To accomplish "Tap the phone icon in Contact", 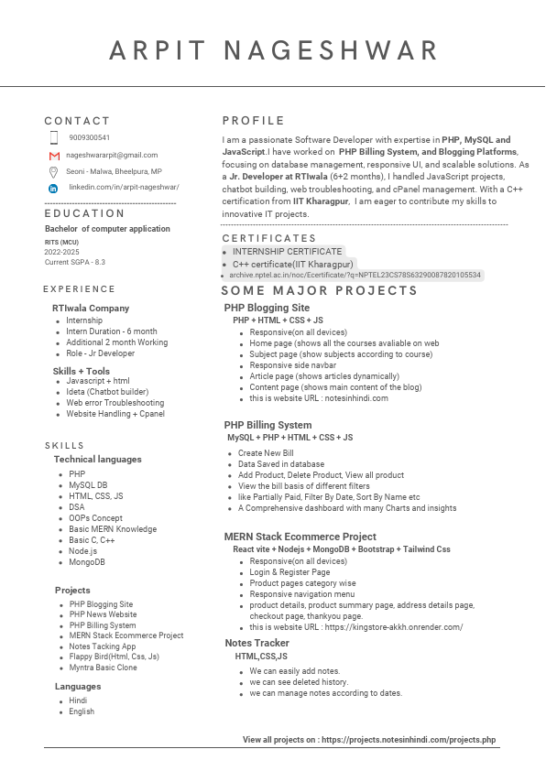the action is (54, 137).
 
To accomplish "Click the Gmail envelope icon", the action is (54, 156).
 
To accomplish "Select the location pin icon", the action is (54, 171).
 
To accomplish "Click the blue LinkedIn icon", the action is (53, 188).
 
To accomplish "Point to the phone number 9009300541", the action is (90, 137).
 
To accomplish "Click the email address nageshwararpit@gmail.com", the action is (112, 156).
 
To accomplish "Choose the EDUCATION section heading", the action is (84, 213).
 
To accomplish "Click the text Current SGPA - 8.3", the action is (75, 262).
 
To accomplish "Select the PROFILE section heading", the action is (254, 121).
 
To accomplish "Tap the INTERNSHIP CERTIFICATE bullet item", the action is (287, 251).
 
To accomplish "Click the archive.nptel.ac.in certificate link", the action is (355, 275).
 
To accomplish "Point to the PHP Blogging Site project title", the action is (267, 308).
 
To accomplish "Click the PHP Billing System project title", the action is (268, 425).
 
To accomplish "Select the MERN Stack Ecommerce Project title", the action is (300, 537).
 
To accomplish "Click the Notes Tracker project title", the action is (257, 643).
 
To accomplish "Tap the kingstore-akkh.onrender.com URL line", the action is (356, 627).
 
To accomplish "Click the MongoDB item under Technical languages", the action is (87, 562).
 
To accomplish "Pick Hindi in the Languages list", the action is (78, 700).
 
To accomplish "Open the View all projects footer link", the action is (369, 739).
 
